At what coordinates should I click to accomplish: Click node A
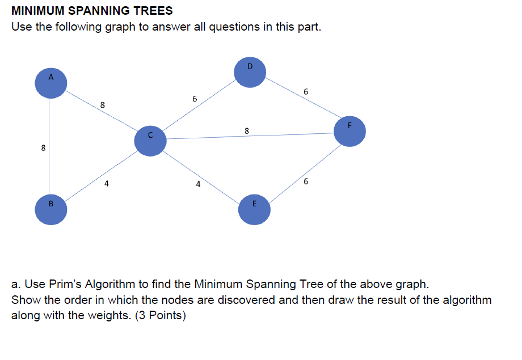51,83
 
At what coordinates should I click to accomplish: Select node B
51,210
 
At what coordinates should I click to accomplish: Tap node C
150,141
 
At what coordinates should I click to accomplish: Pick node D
250,71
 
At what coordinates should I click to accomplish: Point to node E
254,209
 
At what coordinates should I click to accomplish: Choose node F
350,131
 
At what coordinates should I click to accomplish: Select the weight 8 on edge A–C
102,105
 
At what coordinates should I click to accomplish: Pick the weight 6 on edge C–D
195,99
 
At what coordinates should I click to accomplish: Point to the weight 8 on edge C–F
246,131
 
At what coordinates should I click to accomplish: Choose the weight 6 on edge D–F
306,91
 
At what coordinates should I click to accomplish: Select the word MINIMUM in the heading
35,11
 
